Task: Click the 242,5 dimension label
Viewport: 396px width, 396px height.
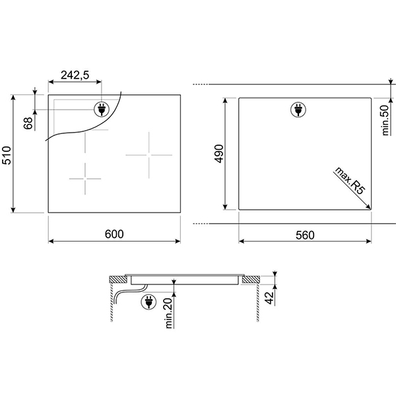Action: point(75,75)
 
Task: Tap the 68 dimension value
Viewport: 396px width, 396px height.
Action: point(28,123)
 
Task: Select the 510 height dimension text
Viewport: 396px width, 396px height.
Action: point(7,155)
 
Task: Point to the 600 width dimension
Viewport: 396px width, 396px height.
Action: point(114,234)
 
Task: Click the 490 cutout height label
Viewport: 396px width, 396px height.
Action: point(219,154)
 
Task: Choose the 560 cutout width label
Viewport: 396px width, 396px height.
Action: point(305,235)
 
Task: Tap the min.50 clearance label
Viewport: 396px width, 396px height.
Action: point(385,120)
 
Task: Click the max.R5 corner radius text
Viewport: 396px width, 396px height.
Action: point(350,180)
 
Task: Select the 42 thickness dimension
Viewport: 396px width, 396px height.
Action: point(270,298)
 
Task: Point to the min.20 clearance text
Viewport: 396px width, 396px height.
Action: point(169,313)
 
